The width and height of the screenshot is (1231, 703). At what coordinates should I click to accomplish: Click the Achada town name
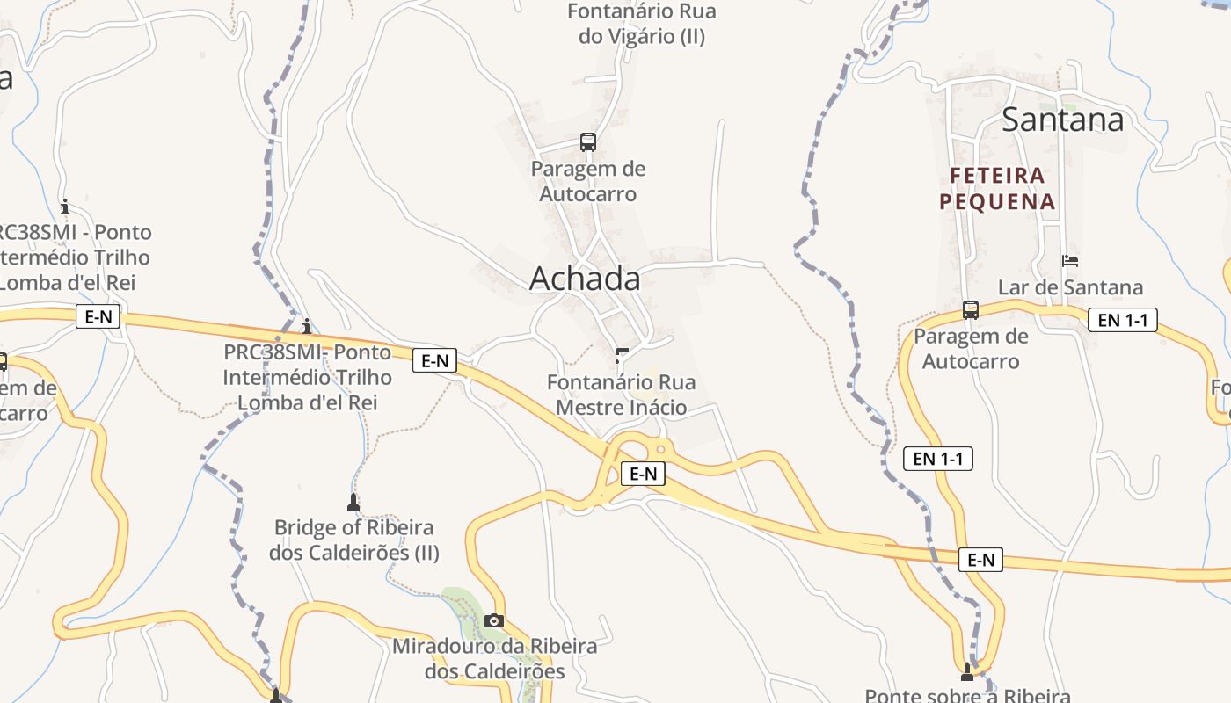585,279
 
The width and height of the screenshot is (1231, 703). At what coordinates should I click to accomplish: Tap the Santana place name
1062,120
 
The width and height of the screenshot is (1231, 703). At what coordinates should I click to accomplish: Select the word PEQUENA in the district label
996,202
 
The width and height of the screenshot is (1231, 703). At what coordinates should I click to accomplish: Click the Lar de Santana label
1070,287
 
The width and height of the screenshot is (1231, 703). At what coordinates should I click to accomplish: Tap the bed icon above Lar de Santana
1070,261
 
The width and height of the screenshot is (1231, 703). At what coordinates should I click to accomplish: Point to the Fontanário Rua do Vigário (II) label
642,24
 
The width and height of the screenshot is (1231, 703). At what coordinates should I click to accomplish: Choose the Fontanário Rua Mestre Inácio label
622,395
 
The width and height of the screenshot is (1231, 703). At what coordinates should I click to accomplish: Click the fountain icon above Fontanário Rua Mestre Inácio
622,356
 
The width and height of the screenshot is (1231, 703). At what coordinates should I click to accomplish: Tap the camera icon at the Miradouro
494,620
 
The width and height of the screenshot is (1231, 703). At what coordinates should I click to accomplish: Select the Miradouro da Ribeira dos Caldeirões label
494,659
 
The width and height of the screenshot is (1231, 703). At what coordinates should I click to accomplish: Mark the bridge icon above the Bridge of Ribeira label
353,503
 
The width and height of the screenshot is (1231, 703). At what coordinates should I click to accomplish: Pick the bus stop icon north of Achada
587,142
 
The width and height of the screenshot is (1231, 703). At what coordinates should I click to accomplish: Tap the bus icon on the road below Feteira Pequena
971,310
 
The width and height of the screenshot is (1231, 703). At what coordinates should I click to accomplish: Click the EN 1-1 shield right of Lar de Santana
1122,320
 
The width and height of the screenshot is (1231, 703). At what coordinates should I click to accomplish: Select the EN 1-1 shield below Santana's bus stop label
938,458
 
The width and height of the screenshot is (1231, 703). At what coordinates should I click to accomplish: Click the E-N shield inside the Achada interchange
643,474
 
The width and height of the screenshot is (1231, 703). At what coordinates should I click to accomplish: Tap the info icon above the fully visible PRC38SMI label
306,327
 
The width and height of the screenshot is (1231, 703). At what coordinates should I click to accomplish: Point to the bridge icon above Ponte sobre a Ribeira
968,672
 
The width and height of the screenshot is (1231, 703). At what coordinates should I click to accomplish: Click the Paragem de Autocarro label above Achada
587,181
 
